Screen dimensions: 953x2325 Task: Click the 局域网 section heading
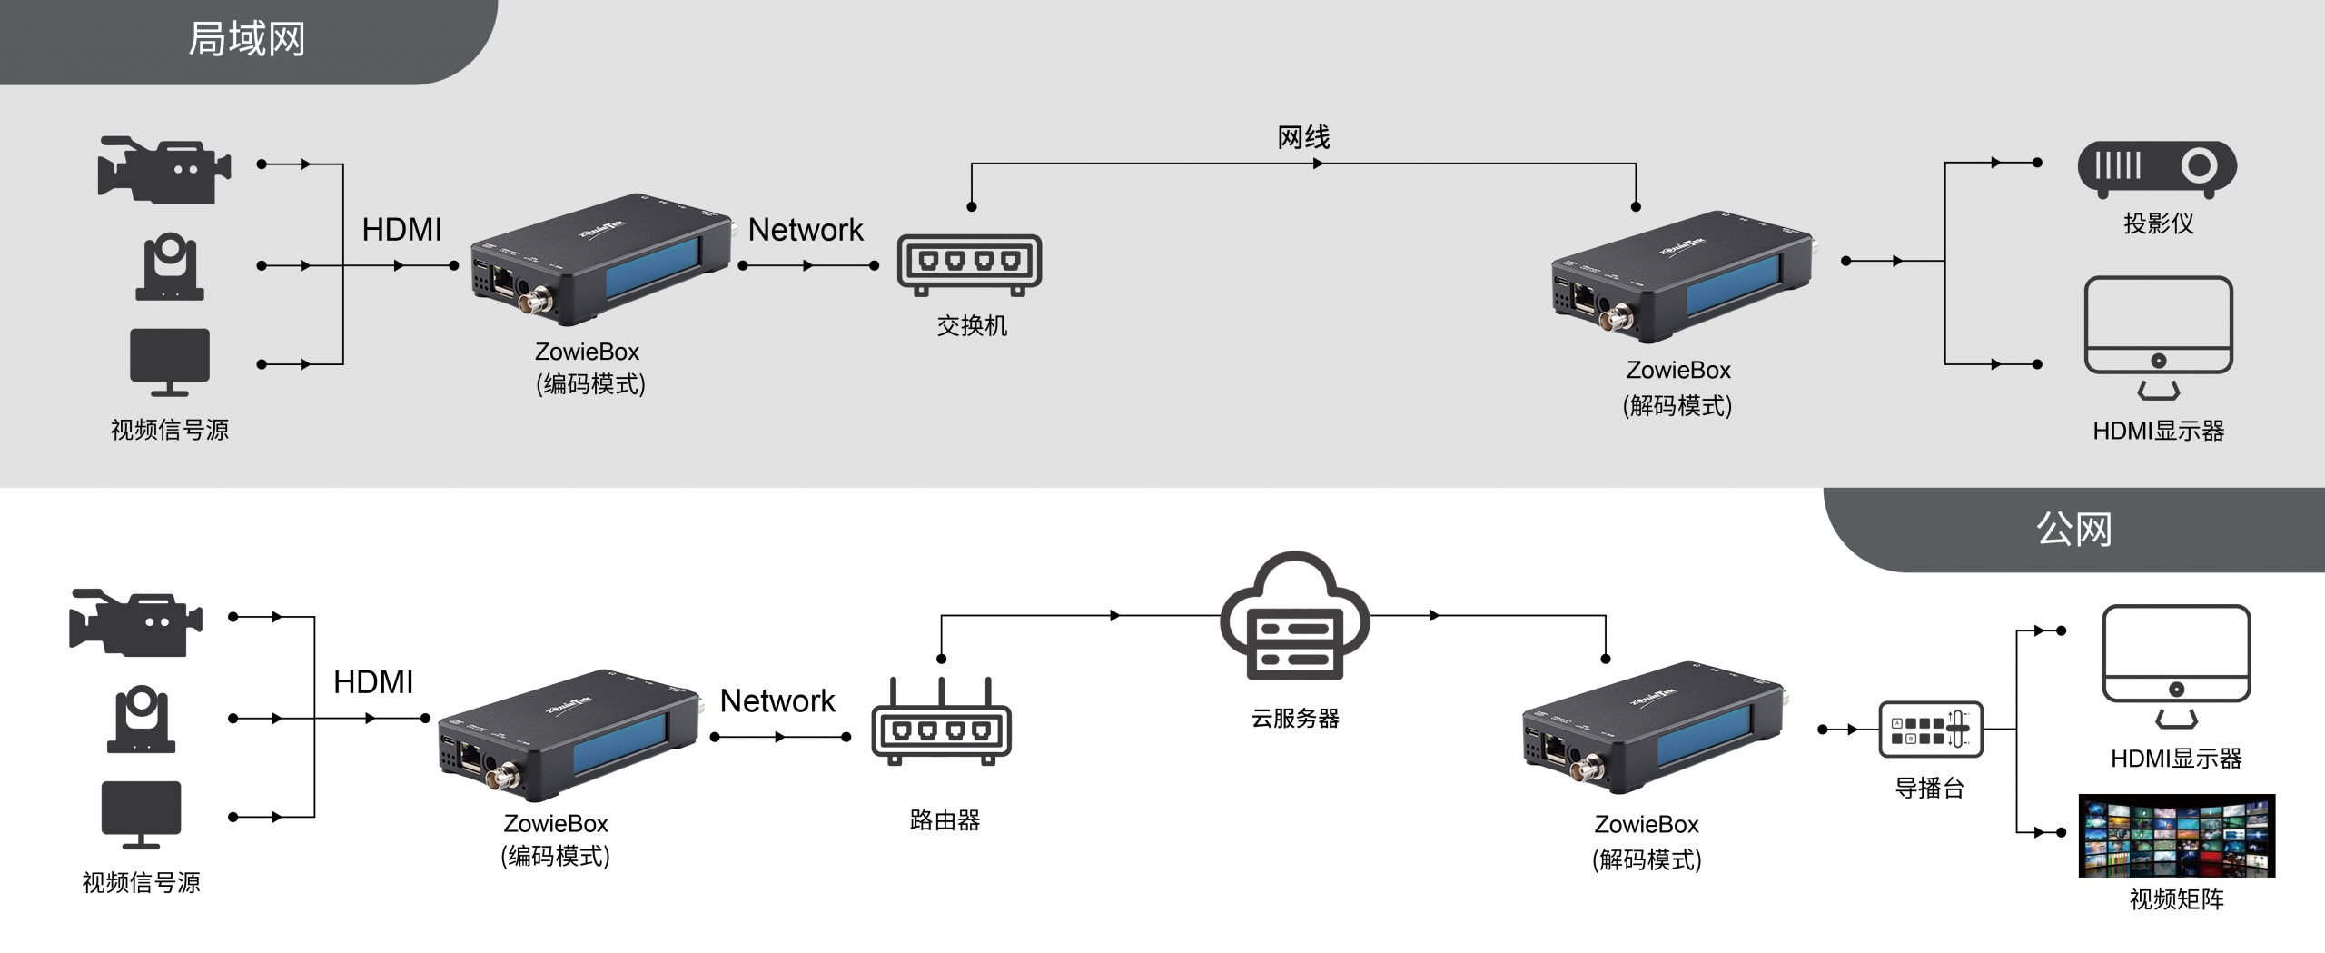246,40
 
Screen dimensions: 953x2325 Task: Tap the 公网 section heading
2073,529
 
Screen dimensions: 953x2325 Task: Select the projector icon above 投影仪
2157,168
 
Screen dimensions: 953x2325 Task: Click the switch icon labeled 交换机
969,264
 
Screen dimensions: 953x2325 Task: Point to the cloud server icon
1295,617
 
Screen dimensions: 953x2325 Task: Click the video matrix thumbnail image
2176,836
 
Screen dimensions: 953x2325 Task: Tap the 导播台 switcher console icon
1930,730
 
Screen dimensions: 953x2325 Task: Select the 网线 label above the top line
1303,138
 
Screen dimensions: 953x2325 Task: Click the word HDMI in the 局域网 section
401,230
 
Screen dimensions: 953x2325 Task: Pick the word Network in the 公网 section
777,701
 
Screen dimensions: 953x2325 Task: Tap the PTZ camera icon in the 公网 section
141,720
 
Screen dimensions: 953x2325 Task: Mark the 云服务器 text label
1295,719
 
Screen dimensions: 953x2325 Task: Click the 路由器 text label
945,820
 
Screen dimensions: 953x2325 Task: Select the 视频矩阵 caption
2176,899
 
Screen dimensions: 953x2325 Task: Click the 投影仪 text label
2158,223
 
